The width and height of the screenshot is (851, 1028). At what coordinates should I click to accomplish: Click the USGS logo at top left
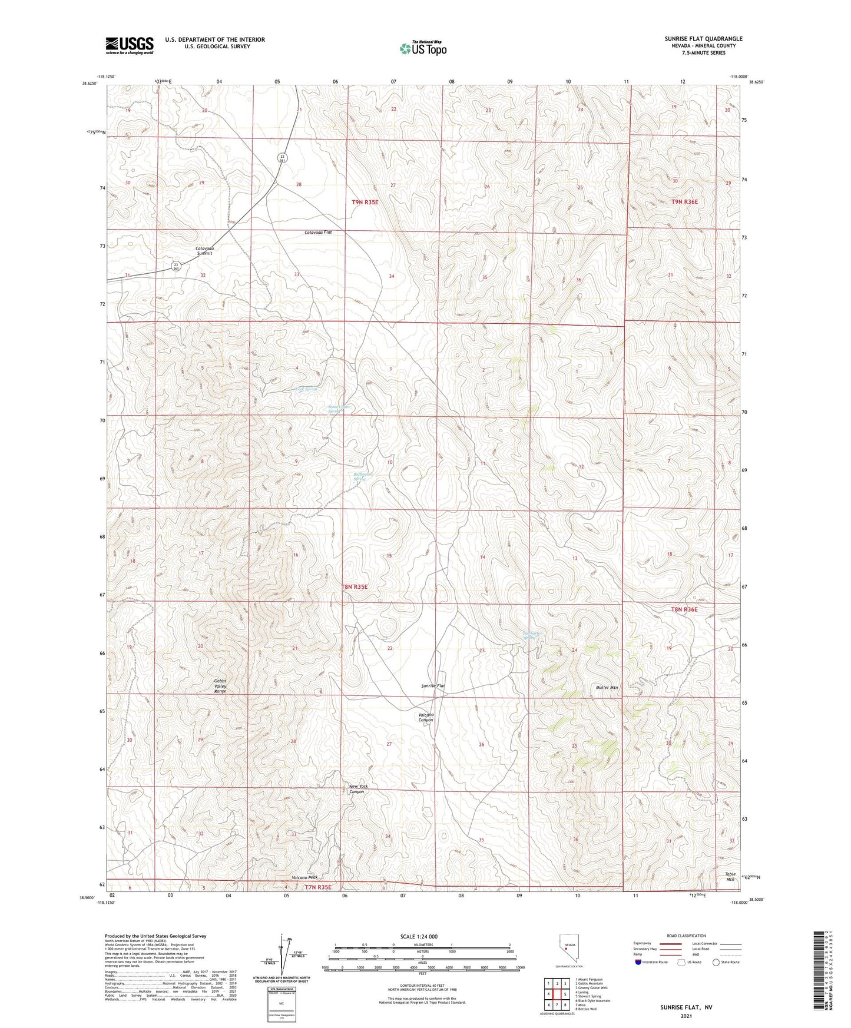click(130, 45)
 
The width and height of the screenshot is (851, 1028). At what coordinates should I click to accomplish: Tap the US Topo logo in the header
click(423, 48)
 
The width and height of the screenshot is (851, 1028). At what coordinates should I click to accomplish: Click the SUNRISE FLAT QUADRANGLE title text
click(703, 39)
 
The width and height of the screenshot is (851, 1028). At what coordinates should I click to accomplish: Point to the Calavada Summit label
click(204, 251)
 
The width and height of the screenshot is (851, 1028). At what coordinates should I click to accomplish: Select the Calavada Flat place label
click(318, 233)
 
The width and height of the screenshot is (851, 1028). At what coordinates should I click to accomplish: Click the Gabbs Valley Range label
click(220, 686)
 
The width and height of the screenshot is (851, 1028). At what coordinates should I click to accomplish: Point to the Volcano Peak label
click(304, 877)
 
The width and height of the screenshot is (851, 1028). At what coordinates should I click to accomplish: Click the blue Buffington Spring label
click(360, 476)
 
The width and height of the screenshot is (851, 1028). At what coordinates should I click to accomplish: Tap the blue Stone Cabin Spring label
click(339, 409)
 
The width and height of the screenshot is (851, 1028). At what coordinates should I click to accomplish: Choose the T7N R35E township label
click(318, 887)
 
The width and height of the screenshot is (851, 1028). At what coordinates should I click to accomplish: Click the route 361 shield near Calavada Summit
click(176, 266)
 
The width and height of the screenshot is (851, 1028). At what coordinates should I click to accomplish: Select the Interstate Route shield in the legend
click(638, 962)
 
